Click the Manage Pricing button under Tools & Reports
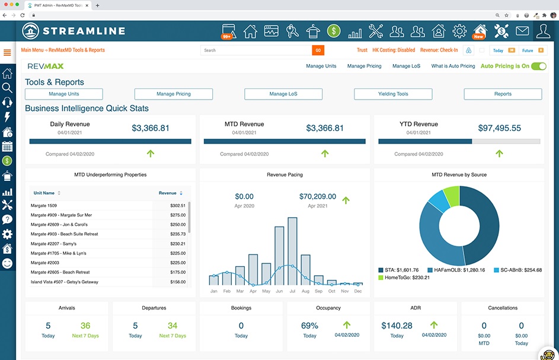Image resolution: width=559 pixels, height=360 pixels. pyautogui.click(x=174, y=94)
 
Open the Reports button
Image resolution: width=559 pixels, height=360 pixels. pyautogui.click(x=503, y=94)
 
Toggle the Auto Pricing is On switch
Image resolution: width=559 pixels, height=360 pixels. pyautogui.click(x=538, y=66)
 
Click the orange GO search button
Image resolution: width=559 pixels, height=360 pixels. pyautogui.click(x=318, y=50)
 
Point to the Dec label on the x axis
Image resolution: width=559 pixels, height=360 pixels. pyautogui.click(x=357, y=291)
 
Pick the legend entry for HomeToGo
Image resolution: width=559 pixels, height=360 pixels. pyautogui.click(x=402, y=277)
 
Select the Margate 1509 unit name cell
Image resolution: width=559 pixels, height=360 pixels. pyautogui.click(x=44, y=205)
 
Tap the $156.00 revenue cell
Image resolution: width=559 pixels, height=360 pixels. pyautogui.click(x=177, y=282)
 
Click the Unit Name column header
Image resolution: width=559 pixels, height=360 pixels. pyautogui.click(x=44, y=193)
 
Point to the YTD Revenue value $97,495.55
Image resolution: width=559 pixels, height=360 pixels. pyautogui.click(x=499, y=128)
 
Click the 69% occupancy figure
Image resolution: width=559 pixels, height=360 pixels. pyautogui.click(x=309, y=326)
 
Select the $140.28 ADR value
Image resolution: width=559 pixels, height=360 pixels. pyautogui.click(x=397, y=326)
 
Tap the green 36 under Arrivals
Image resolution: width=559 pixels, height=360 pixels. pyautogui.click(x=85, y=326)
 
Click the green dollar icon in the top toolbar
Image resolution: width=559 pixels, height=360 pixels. pyautogui.click(x=334, y=30)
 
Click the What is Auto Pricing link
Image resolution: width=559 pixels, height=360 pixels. pyautogui.click(x=453, y=66)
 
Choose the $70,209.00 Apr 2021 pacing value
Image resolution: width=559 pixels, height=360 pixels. pyautogui.click(x=317, y=196)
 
